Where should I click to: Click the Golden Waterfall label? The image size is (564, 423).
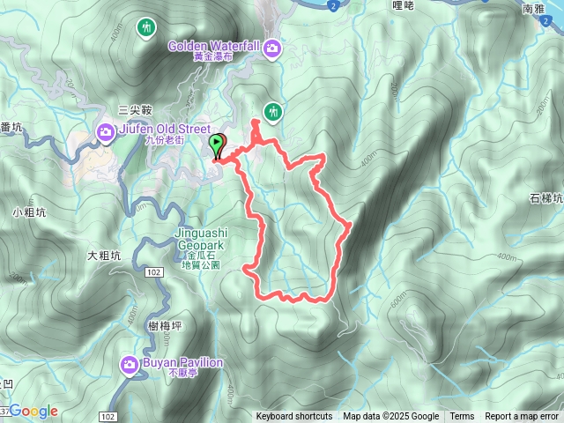coord(214,45)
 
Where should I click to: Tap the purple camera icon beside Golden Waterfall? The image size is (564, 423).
coord(273,48)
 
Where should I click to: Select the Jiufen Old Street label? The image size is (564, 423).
coord(157,133)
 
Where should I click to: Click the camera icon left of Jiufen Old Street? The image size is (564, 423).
coord(105,133)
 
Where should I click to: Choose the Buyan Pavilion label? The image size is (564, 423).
coord(182,362)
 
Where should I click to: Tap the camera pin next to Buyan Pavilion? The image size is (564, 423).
coord(130,364)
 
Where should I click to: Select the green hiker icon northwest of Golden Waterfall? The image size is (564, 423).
coord(144,27)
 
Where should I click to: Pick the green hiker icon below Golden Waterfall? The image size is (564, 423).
coord(274,111)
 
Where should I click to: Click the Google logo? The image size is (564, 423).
coord(33,411)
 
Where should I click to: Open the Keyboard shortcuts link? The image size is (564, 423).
coord(294,417)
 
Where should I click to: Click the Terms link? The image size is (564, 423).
coord(462,417)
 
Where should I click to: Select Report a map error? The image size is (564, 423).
coord(522,417)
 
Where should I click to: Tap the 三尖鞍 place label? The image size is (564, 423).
coord(136,110)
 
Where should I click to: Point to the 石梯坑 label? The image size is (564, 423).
coord(547,198)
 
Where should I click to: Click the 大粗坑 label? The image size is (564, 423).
coord(103,256)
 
